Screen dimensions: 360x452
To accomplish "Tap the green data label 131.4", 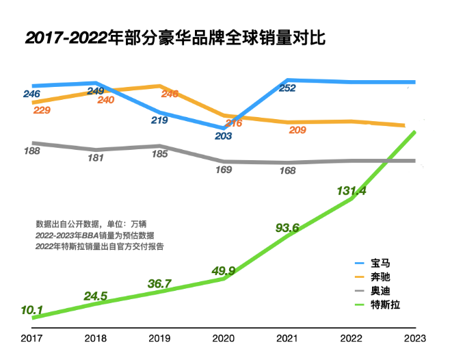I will pos(351,191).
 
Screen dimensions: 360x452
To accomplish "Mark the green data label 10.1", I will pos(32,309).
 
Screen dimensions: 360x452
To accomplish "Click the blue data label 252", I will pos(287,88).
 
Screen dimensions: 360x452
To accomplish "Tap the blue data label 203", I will pos(223,136).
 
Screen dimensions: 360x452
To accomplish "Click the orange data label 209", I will pos(297,130).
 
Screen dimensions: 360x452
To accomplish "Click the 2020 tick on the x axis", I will pos(223,339).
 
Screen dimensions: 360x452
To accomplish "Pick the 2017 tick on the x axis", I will pos(31,339).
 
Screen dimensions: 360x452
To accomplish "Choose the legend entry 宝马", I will pos(380,262).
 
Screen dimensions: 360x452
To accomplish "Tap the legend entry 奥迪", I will pos(380,290).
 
